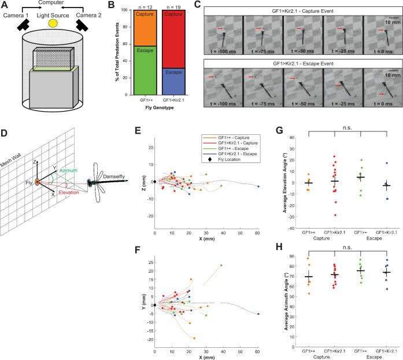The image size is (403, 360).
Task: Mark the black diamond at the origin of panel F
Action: [x=154, y=289]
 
